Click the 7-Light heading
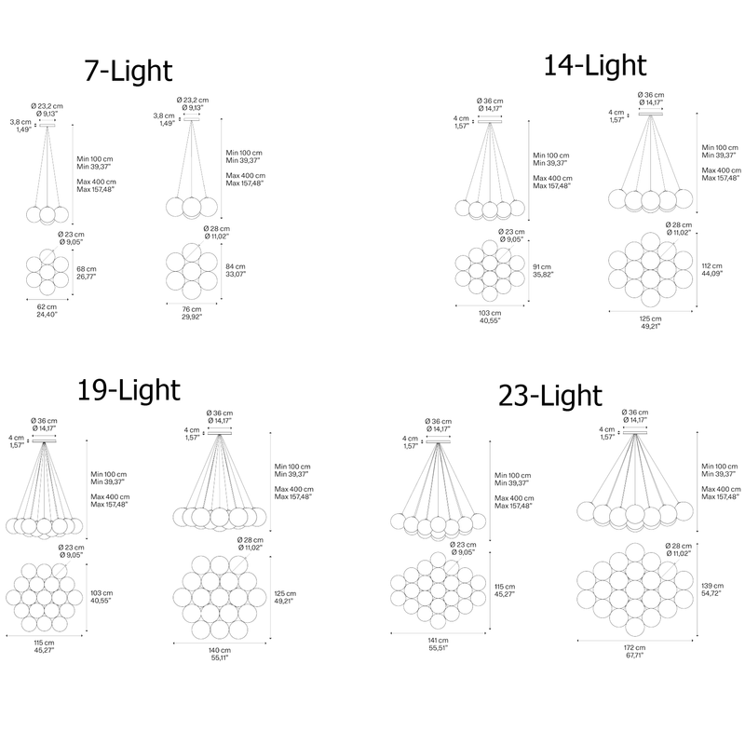click(x=129, y=72)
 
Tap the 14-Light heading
click(x=595, y=65)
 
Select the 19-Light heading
click(x=129, y=390)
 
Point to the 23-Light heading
click(x=550, y=396)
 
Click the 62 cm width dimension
click(x=47, y=307)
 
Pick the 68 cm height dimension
click(x=87, y=269)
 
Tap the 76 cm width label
click(x=192, y=309)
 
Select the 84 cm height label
click(x=236, y=266)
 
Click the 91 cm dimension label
click(x=542, y=267)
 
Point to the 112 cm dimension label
click(x=711, y=266)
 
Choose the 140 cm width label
click(x=220, y=650)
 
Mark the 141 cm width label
click(x=438, y=641)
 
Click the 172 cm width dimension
click(x=635, y=647)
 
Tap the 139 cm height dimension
click(x=712, y=586)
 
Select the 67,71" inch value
click(x=635, y=656)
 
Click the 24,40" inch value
click(x=47, y=315)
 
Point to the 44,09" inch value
click(x=711, y=274)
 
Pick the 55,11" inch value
click(x=220, y=658)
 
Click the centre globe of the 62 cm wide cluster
click(x=47, y=272)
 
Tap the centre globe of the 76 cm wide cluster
click(x=192, y=271)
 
